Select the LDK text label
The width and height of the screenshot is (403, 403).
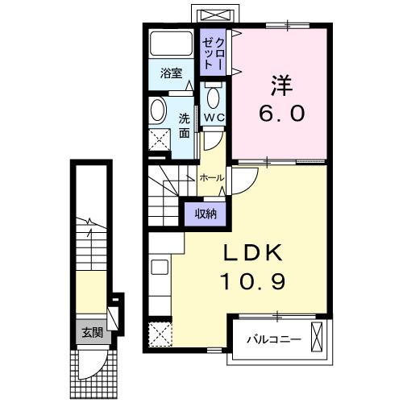254,253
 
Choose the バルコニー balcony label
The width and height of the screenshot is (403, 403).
274,339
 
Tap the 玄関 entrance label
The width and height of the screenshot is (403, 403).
89,331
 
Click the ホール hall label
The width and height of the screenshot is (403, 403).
211,177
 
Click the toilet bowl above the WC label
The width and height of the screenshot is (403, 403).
214,97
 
